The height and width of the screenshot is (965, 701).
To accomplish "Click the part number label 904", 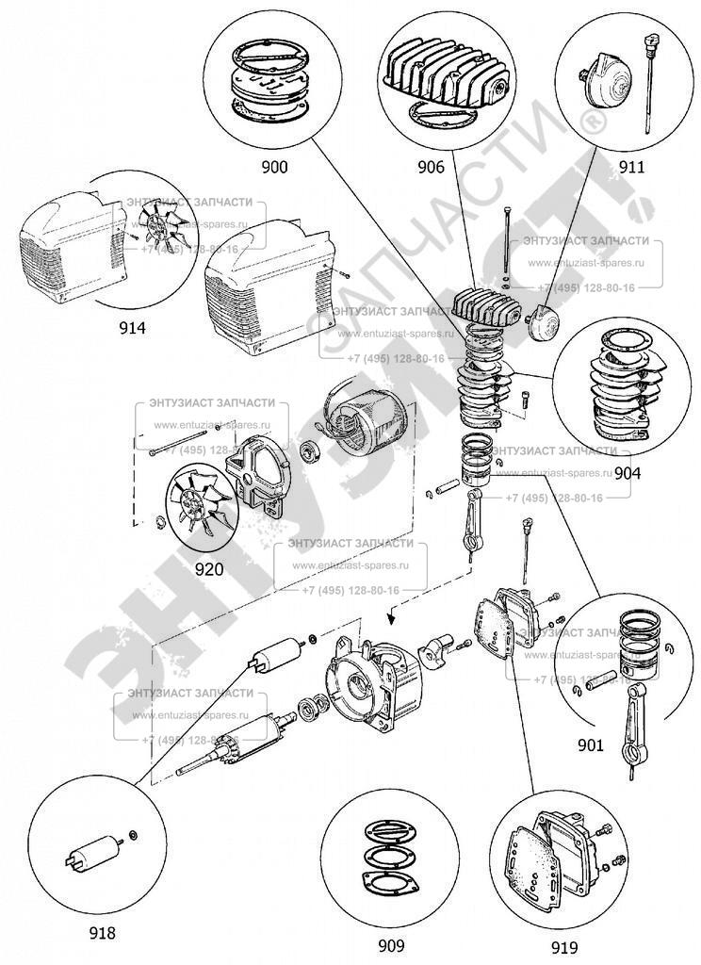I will (628, 474).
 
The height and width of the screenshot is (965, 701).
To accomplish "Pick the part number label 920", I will (208, 568).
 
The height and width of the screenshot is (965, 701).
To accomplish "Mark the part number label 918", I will (101, 933).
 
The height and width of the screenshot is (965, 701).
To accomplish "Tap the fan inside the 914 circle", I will (154, 230).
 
